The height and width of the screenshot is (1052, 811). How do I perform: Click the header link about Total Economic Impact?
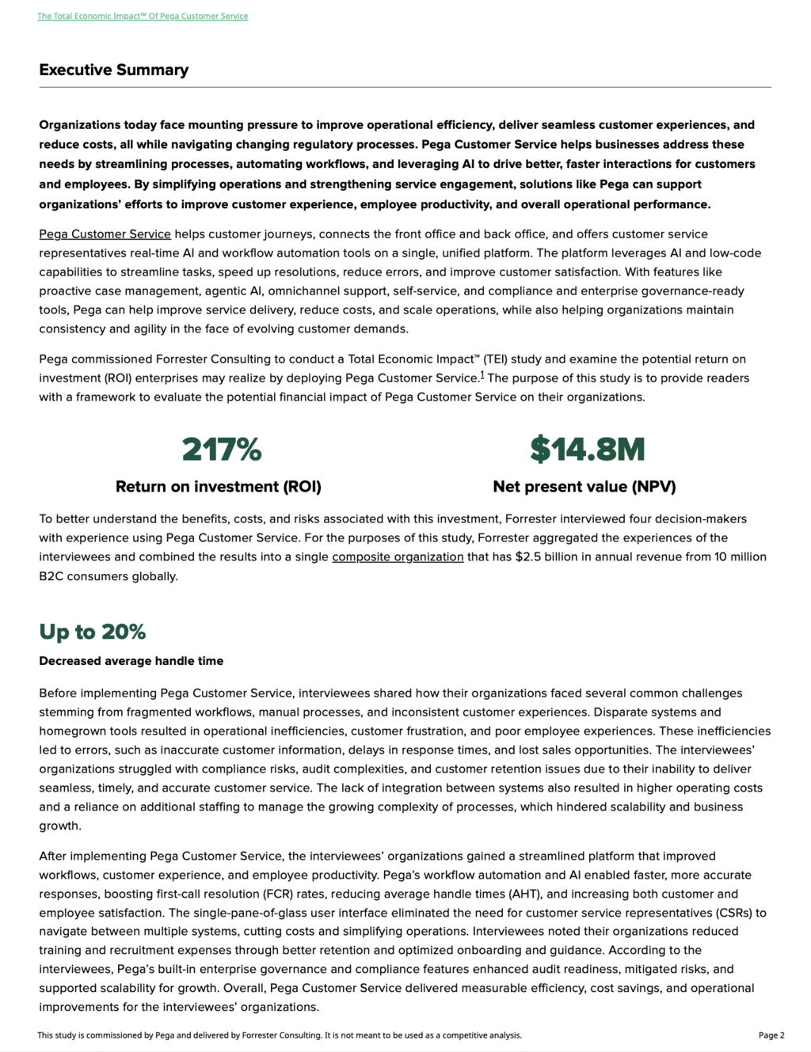143,16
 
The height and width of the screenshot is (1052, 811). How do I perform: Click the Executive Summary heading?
114,70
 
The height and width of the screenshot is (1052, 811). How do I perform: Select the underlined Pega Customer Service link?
105,234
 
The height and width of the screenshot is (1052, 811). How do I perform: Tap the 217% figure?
221,450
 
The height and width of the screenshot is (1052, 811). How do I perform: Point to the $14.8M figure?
587,450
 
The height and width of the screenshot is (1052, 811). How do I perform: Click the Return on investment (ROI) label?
219,486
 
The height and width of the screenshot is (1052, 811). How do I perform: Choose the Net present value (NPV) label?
584,486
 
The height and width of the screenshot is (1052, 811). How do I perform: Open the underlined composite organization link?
398,556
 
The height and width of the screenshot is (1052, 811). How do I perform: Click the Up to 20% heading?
93,632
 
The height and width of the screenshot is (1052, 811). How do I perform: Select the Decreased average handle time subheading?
131,661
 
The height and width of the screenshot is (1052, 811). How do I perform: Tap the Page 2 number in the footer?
771,1035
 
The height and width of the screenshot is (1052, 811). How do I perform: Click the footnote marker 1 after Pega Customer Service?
482,374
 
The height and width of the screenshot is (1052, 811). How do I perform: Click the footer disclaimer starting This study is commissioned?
280,1035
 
